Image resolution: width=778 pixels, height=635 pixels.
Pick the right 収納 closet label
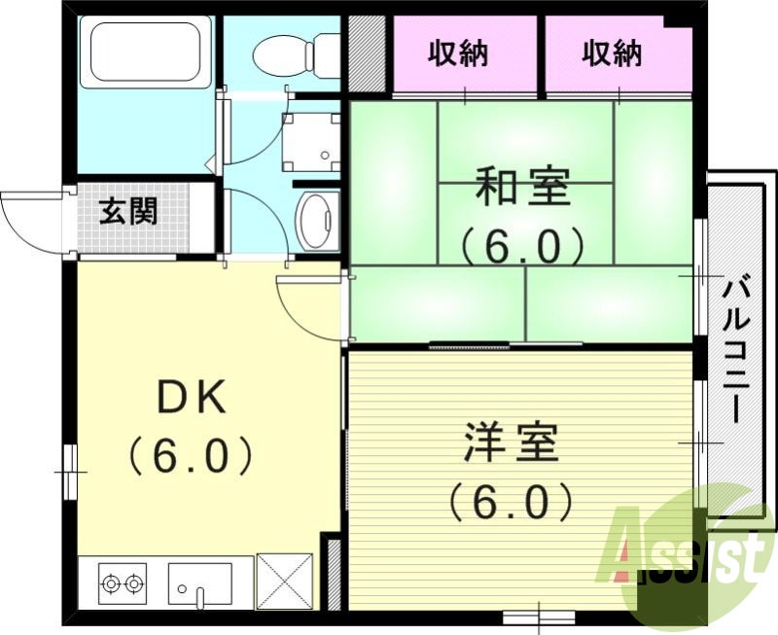[613, 54]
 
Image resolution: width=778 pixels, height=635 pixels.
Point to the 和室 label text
[522, 188]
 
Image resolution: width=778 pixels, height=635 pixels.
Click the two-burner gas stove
[123, 583]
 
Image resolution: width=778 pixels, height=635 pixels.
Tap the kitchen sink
[200, 583]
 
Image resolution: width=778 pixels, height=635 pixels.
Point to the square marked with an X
[285, 582]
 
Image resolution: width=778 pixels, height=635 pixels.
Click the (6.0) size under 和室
[522, 246]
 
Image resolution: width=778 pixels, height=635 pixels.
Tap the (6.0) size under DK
[192, 453]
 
